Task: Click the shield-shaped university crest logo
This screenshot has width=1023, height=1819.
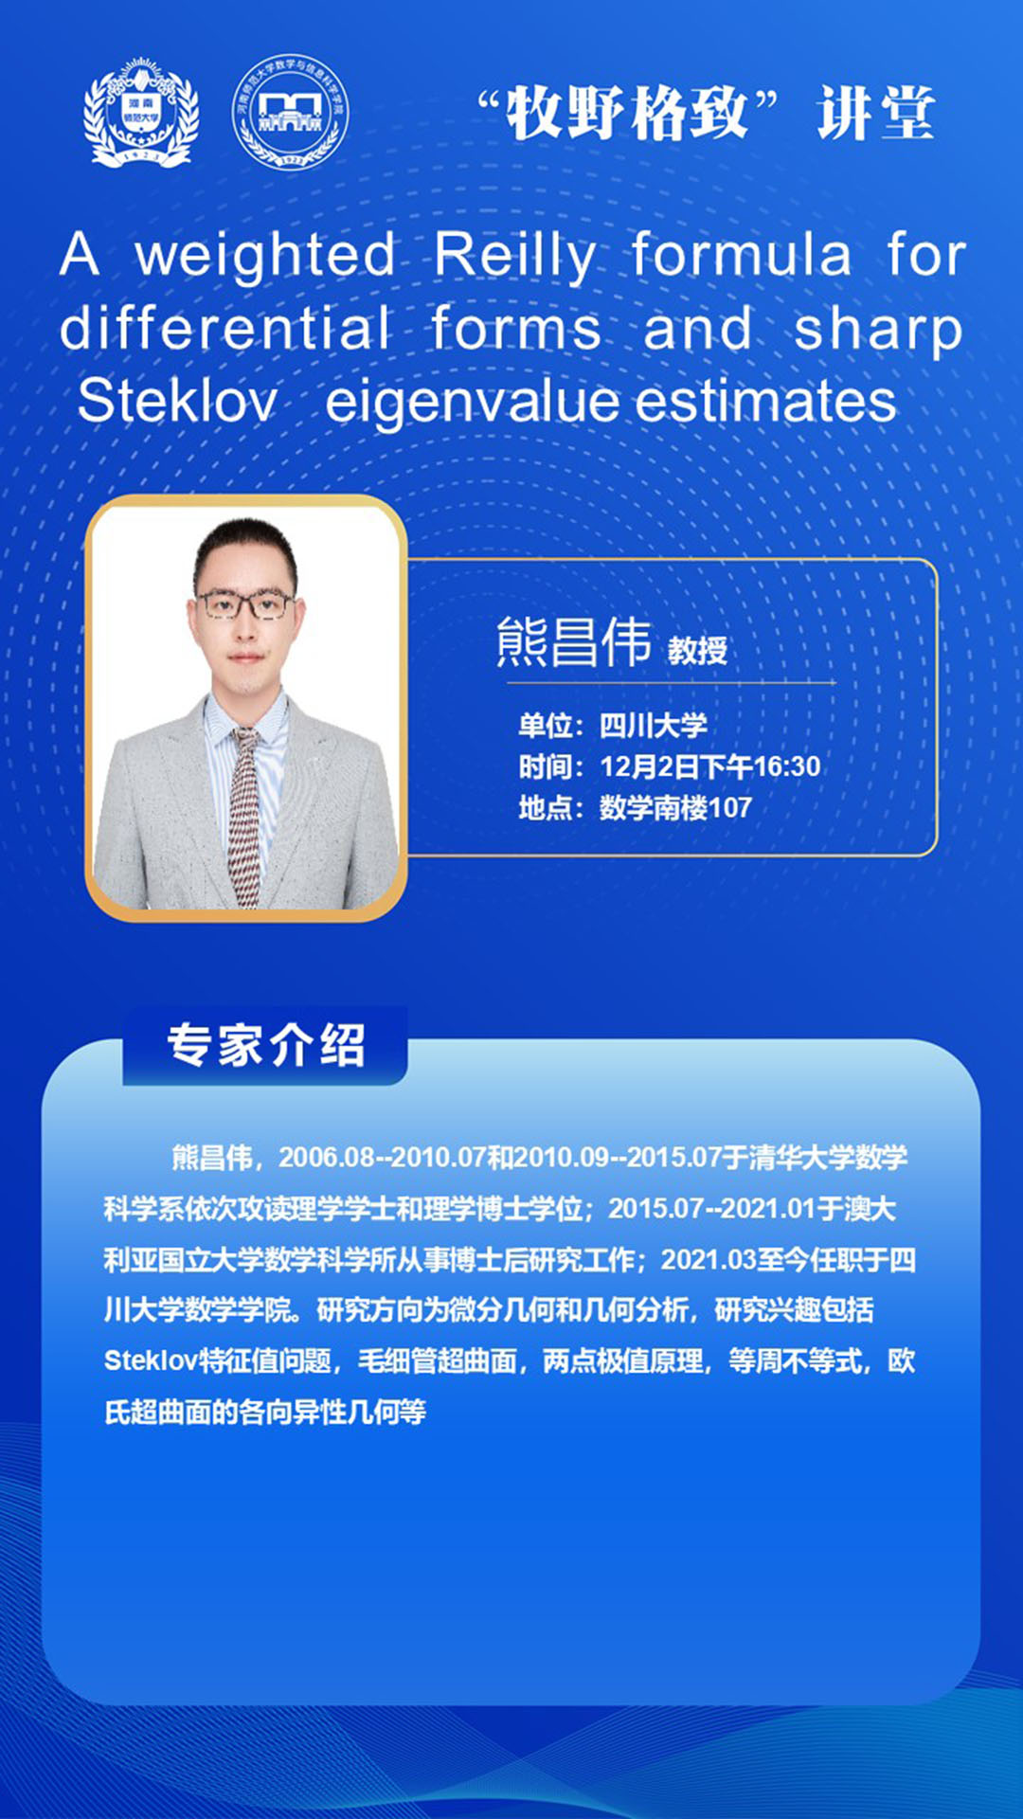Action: [x=142, y=112]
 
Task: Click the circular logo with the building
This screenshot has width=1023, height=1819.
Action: [x=291, y=112]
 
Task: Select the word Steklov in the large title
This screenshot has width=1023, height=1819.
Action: [x=177, y=400]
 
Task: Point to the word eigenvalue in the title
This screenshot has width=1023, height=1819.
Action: [x=472, y=402]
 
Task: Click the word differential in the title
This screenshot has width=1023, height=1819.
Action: [x=225, y=328]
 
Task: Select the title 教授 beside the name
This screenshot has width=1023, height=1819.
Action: [x=697, y=650]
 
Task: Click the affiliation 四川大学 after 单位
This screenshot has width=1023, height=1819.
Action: [x=654, y=726]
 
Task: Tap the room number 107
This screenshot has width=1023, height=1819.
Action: [x=729, y=808]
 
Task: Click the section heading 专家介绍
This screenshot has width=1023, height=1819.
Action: [x=266, y=1046]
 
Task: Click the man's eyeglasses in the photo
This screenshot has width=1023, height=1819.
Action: [x=244, y=603]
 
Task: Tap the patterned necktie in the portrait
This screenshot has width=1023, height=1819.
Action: [x=245, y=815]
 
